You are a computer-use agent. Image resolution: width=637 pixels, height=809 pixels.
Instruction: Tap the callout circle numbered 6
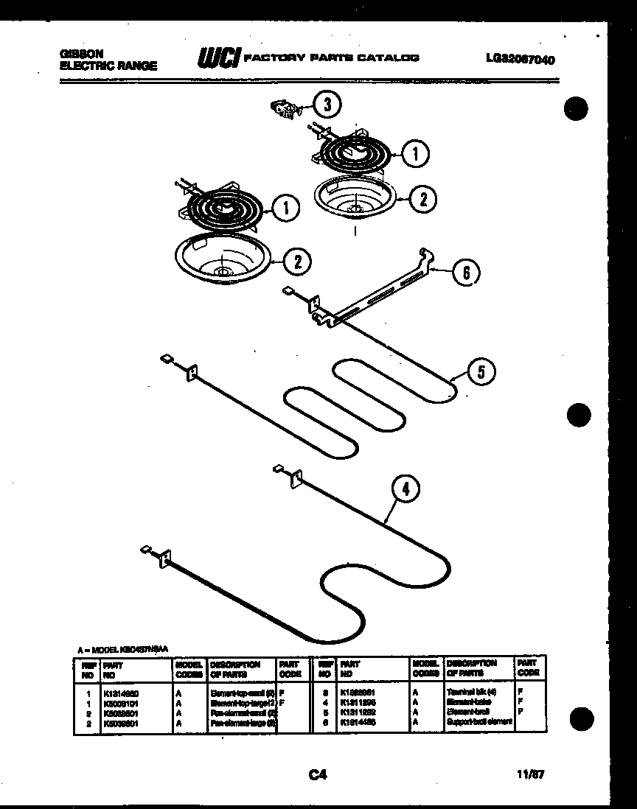pos(464,273)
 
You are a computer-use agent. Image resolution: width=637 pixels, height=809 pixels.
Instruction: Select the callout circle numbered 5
pos(480,372)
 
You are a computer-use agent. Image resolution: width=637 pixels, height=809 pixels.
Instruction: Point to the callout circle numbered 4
pos(405,488)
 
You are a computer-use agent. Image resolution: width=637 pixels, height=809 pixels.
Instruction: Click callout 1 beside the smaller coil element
pos(417,153)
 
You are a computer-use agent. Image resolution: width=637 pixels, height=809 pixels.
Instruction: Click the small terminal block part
pos(283,108)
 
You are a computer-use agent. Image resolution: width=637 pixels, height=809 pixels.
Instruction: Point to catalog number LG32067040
pos(521,60)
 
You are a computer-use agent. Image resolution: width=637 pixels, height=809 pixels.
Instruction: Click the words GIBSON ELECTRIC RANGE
pos(107,60)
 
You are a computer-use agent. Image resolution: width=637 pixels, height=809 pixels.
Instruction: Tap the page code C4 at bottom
pos(318,774)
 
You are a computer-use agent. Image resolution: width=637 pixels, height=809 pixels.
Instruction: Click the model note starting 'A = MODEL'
pos(123,649)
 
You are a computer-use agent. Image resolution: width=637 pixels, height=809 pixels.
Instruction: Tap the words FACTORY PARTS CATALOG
pos(331,57)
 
